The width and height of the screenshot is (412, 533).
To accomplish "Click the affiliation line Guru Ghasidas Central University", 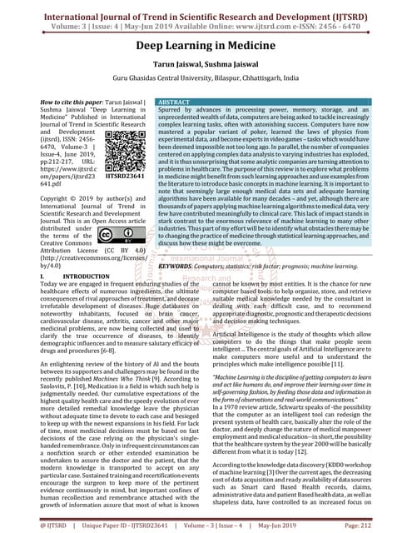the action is pos(206,82).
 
